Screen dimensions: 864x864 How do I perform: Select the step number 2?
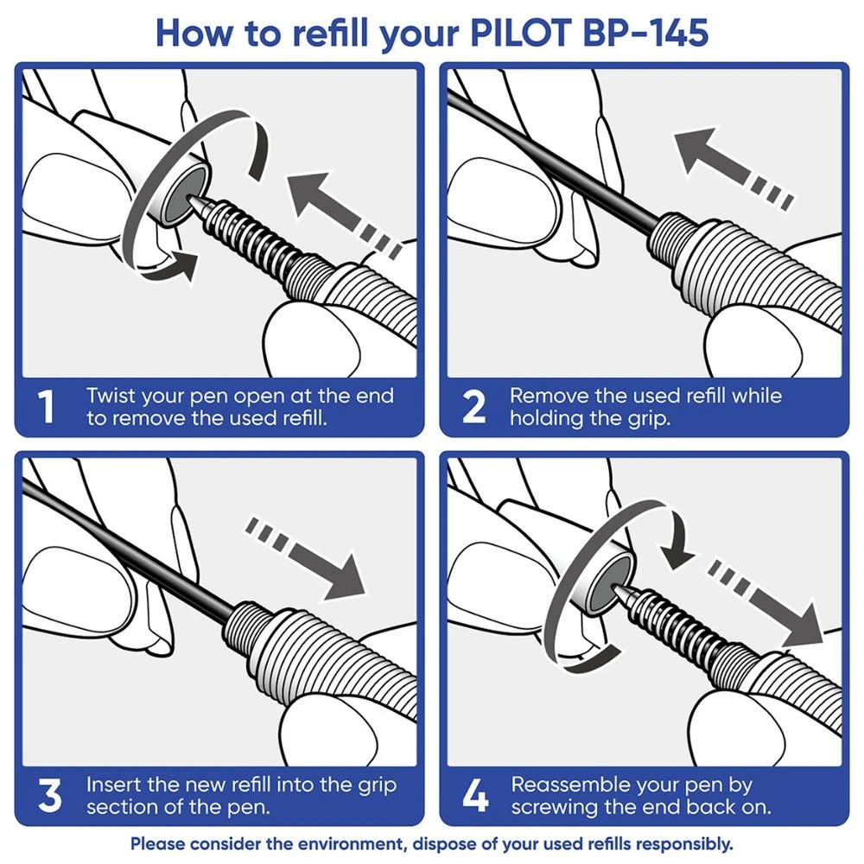(x=474, y=407)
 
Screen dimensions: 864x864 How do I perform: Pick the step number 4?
(x=474, y=796)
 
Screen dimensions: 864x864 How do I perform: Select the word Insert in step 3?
(x=112, y=785)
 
